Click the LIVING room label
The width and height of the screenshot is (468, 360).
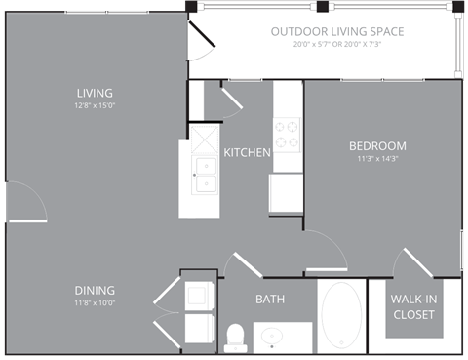click(x=95, y=94)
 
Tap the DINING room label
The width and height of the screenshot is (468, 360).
click(x=95, y=290)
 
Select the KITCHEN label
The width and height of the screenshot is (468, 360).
click(x=247, y=152)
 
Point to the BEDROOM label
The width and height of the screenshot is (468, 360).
click(x=377, y=146)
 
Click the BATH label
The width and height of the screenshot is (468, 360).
click(x=270, y=299)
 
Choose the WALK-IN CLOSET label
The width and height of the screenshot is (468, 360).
click(x=413, y=306)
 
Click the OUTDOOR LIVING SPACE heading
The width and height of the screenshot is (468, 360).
click(x=337, y=31)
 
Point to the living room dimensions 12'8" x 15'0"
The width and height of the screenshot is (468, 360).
click(x=95, y=106)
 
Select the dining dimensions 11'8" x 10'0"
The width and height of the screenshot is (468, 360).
click(x=95, y=302)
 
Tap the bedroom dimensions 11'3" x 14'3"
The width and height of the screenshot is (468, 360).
click(x=377, y=159)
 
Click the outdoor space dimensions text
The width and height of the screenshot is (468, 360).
click(x=337, y=45)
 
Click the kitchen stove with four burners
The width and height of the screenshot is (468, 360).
click(x=288, y=135)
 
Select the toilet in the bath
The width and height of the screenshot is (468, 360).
click(x=234, y=337)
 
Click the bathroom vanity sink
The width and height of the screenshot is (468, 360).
click(x=272, y=338)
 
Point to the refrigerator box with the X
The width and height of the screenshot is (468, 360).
click(x=206, y=138)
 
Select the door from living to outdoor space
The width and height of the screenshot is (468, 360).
click(x=203, y=39)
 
